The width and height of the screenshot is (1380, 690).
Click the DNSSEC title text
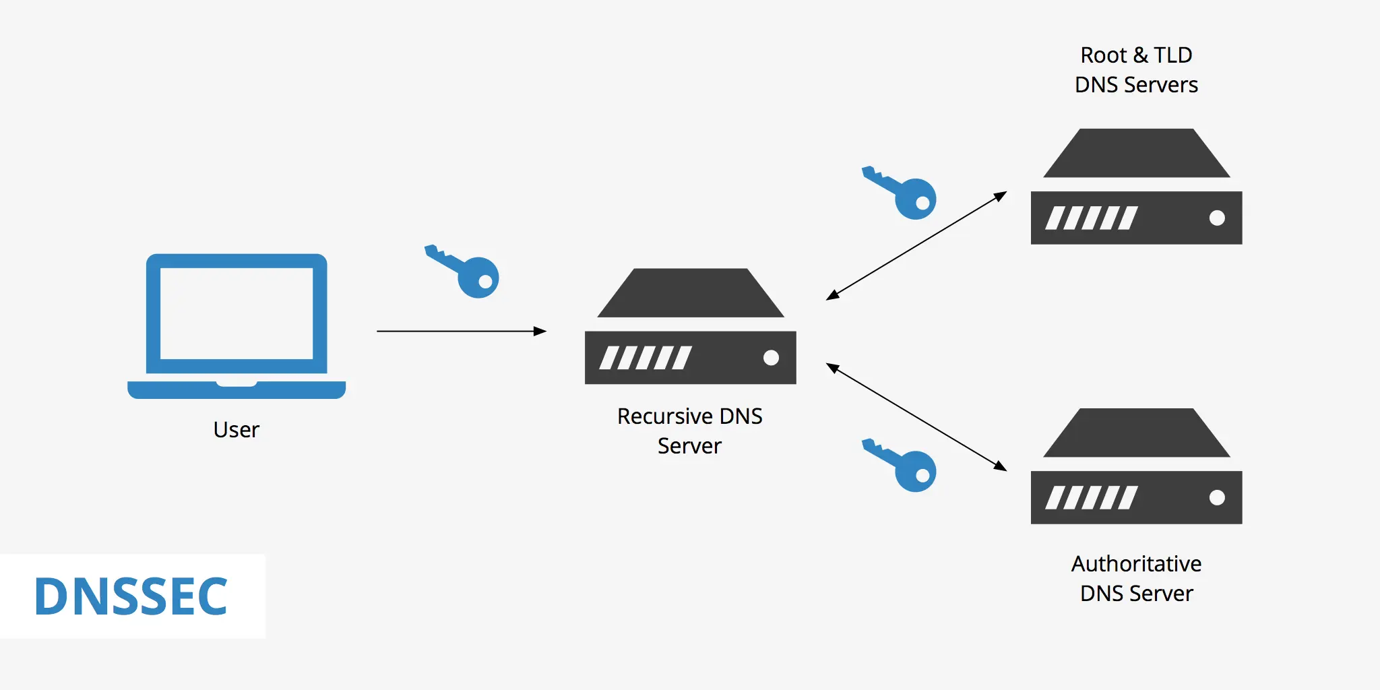coord(131,596)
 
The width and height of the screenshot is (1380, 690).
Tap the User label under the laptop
coord(236,429)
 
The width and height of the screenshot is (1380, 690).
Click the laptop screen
coord(236,313)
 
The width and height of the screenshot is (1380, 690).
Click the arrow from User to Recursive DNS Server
coord(462,331)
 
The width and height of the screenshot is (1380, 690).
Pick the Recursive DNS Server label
coord(689,431)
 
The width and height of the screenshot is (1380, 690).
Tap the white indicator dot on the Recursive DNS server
coord(771,358)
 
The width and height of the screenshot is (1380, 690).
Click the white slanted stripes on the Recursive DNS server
coord(645,358)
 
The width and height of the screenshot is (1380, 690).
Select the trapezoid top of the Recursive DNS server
coord(690,294)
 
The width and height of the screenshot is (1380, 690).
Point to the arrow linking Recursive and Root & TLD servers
coord(916,246)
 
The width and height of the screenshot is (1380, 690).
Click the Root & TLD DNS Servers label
coord(1136,69)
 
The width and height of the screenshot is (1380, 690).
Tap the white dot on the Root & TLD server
coord(1217,218)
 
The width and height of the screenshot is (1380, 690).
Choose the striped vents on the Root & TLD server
coord(1091,218)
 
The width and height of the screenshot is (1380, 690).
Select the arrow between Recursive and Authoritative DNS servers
coord(916,417)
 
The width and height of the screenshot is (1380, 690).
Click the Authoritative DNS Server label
coord(1136,578)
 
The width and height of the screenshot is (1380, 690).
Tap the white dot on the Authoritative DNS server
coord(1217,497)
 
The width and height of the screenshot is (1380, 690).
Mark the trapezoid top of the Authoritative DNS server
coord(1136,434)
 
